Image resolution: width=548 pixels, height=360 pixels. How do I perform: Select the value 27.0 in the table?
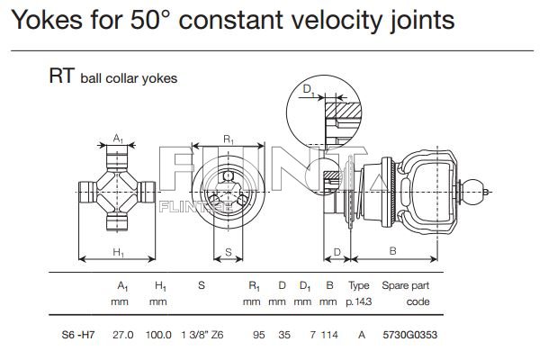122,334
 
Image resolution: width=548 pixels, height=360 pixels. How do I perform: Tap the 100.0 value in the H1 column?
158,334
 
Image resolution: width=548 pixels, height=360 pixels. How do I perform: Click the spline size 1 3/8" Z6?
202,334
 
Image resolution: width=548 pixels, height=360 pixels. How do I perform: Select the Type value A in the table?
360,334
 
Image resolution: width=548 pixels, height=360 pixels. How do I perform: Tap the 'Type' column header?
359,285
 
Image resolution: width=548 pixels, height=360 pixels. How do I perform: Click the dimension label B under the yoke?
392,252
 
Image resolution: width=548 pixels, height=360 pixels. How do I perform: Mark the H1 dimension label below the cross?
118,253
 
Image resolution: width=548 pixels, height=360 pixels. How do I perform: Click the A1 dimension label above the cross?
119,138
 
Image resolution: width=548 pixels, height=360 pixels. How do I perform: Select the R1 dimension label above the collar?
229,139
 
